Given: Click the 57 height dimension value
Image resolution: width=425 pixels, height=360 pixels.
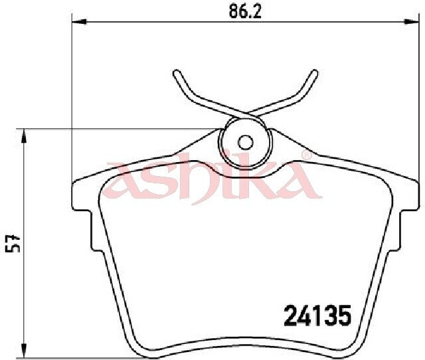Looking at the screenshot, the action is pyautogui.click(x=13, y=244).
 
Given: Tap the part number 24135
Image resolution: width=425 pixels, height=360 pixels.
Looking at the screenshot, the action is pyautogui.click(x=317, y=315).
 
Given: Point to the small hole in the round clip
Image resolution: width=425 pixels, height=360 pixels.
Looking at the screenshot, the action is pyautogui.click(x=246, y=142).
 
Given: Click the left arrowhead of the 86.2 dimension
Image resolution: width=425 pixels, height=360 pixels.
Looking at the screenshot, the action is pyautogui.click(x=79, y=22).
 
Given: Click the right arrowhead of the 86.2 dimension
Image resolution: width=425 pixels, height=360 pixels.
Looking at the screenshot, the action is pyautogui.click(x=411, y=22).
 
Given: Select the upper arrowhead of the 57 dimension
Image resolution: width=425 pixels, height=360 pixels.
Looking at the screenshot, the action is pyautogui.click(x=25, y=135).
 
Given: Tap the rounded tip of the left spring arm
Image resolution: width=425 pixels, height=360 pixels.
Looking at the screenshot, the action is pyautogui.click(x=177, y=74).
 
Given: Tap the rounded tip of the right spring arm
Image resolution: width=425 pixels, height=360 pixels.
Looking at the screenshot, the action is pyautogui.click(x=314, y=73).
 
